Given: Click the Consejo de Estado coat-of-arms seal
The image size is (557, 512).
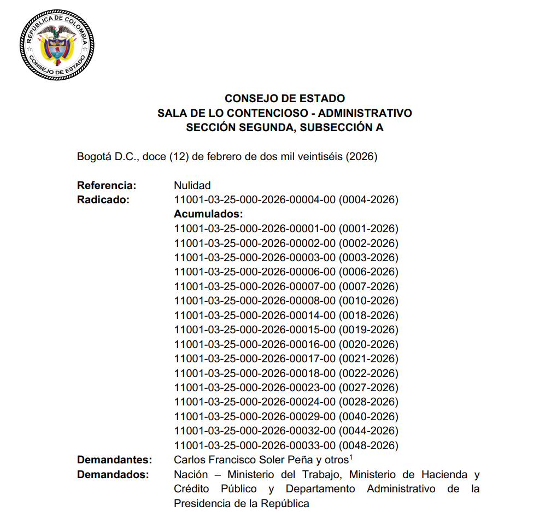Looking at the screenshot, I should pos(56,44).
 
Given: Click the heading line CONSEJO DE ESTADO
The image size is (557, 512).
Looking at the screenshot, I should pos(285,99).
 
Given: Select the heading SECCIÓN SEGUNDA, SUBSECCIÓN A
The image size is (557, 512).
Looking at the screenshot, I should pos(285,128).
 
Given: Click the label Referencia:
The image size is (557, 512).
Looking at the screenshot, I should pos(107,185).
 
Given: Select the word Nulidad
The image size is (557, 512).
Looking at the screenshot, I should pos(192,185).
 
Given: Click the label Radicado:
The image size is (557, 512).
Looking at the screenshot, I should pos(103,199).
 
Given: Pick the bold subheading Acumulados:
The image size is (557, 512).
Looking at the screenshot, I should pos(208,214).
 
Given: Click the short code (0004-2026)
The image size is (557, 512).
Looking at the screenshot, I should pos(368,199).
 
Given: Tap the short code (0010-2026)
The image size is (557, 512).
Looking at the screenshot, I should pos(368,301).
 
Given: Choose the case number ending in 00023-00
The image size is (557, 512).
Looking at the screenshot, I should pos(254,387).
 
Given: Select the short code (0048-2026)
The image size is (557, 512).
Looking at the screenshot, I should pos(368,445).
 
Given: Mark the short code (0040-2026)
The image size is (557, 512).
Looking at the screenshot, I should pos(368,416).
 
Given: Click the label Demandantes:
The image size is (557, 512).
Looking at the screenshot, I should pos(114,460).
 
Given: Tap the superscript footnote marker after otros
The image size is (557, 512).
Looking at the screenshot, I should pos(350,457).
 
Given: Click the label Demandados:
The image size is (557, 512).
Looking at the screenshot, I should pos(113,474).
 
